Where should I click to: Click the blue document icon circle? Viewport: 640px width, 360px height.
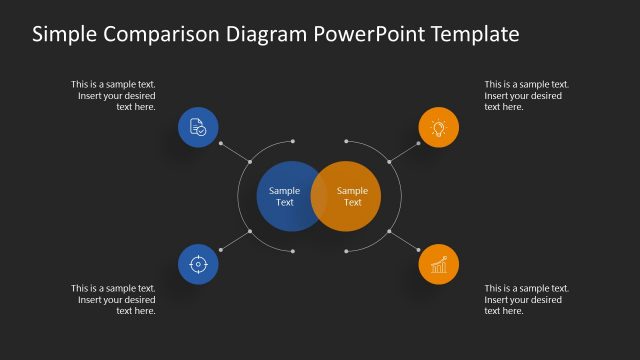point(198,127)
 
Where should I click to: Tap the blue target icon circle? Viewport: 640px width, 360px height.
point(198,264)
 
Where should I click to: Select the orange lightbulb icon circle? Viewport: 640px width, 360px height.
point(438,127)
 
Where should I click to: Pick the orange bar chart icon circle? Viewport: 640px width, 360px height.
point(438,264)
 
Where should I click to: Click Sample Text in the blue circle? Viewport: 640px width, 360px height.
point(284,196)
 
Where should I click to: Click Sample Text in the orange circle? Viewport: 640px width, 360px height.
point(353,196)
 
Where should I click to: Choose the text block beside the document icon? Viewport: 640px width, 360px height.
point(113,95)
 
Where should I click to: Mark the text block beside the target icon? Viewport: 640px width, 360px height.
point(113,299)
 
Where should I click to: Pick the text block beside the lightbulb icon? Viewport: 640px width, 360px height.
point(526,95)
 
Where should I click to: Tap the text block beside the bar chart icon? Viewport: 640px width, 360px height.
point(526,299)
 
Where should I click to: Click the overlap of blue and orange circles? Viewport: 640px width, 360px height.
point(319,196)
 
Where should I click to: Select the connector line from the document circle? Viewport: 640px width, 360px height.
point(234,150)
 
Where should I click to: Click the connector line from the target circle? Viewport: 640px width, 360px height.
point(234,241)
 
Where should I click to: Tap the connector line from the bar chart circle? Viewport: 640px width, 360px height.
point(403,241)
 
